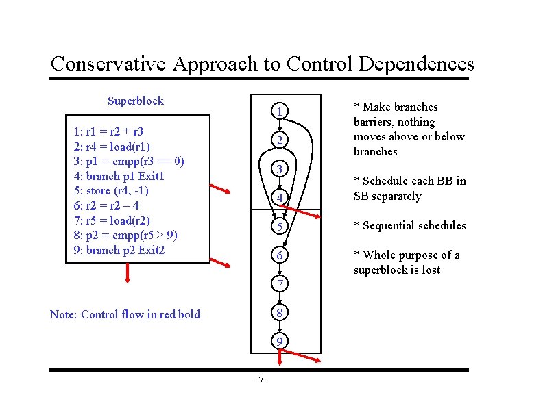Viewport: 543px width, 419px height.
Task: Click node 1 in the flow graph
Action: point(279,111)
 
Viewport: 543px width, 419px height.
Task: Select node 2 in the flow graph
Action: point(279,140)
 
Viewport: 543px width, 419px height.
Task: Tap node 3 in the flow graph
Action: point(279,169)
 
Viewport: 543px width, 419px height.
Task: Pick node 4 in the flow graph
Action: point(279,198)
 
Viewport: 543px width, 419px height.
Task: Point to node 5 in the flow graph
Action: point(279,227)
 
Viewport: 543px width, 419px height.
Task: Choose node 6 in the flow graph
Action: point(279,255)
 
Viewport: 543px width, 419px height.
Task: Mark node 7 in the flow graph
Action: point(279,283)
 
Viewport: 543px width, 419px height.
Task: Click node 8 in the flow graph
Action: point(279,312)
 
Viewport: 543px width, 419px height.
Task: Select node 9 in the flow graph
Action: point(279,341)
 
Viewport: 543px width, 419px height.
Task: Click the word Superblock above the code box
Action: point(136,101)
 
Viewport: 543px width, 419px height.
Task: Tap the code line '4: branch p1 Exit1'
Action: point(119,176)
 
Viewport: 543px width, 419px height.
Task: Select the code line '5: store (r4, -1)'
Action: point(110,191)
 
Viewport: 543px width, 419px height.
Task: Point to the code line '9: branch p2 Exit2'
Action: point(119,250)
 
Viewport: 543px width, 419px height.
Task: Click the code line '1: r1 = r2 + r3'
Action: point(108,131)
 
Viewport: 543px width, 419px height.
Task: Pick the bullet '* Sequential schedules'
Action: point(409,226)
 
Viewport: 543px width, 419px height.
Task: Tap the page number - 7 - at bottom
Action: point(261,381)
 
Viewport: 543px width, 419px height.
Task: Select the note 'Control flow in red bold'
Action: point(125,315)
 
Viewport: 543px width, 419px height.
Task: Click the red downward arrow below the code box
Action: point(128,272)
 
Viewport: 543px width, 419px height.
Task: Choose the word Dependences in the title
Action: point(415,64)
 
